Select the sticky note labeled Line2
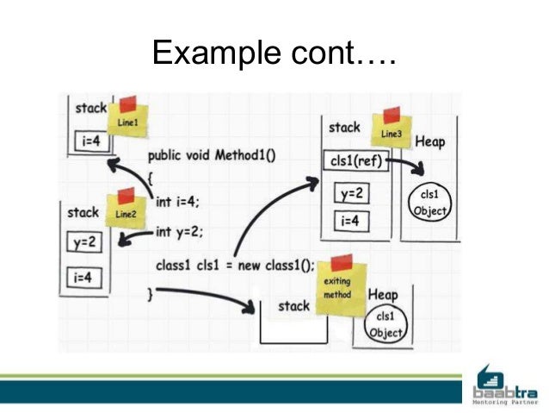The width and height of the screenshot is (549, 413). click(x=126, y=210)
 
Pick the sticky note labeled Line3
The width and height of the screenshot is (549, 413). click(x=390, y=131)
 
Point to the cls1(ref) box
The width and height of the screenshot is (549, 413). click(x=355, y=162)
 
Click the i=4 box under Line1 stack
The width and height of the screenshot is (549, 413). click(x=90, y=140)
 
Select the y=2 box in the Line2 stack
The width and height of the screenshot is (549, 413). click(x=84, y=242)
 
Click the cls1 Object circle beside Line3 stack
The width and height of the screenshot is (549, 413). click(x=429, y=203)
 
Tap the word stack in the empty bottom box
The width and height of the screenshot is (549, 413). click(x=293, y=305)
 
